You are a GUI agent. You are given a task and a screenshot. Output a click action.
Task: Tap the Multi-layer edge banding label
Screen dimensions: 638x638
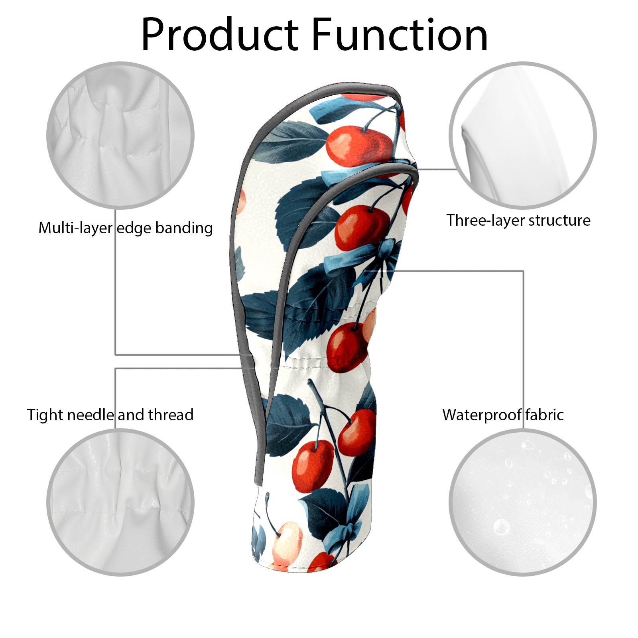pyautogui.click(x=126, y=228)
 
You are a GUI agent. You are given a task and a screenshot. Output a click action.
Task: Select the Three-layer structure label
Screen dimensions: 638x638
pyautogui.click(x=518, y=220)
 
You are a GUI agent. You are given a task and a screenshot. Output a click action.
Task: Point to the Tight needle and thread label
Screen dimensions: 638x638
pyautogui.click(x=110, y=415)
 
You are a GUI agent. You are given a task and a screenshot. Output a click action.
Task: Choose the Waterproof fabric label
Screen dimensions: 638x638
pyautogui.click(x=503, y=415)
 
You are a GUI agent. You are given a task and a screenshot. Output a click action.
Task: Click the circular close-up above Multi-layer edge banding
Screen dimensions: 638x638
pyautogui.click(x=120, y=135)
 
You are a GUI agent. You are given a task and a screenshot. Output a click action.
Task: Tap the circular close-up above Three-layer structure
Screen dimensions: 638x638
pyautogui.click(x=523, y=135)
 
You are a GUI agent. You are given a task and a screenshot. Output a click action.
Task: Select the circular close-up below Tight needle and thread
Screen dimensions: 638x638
pyautogui.click(x=120, y=502)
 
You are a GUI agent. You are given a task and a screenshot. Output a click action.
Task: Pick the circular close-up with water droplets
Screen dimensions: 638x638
pyautogui.click(x=523, y=502)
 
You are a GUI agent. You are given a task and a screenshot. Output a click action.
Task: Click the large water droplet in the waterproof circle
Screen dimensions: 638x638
pyautogui.click(x=502, y=527)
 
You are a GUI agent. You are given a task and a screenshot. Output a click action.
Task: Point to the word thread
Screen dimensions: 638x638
pyautogui.click(x=171, y=415)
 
